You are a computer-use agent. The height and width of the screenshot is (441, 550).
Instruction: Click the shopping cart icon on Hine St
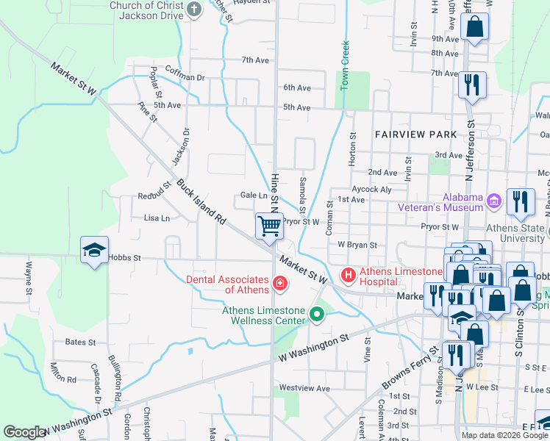click(270, 226)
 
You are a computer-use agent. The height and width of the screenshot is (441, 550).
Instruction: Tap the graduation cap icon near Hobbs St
click(94, 251)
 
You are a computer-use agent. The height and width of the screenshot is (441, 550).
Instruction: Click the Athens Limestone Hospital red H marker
click(349, 276)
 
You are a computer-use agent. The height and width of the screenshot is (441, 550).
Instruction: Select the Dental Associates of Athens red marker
click(279, 283)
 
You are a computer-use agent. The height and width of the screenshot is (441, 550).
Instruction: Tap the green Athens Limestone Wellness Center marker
click(317, 315)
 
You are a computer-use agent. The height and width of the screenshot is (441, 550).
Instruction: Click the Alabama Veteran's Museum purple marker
click(493, 200)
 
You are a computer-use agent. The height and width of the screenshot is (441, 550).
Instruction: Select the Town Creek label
click(343, 66)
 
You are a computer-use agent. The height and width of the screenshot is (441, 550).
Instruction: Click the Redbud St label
click(154, 196)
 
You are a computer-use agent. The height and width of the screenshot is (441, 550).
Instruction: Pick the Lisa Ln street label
click(157, 218)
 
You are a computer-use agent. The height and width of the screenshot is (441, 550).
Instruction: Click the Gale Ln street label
click(254, 196)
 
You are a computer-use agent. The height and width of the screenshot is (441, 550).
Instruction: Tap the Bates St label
click(80, 343)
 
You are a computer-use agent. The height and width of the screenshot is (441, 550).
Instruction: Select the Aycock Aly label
click(371, 190)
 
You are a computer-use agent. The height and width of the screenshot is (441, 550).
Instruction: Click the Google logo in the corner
click(25, 432)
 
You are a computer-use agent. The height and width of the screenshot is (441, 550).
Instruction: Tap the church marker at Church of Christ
click(193, 10)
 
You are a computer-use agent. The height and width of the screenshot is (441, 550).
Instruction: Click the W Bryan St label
click(357, 245)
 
